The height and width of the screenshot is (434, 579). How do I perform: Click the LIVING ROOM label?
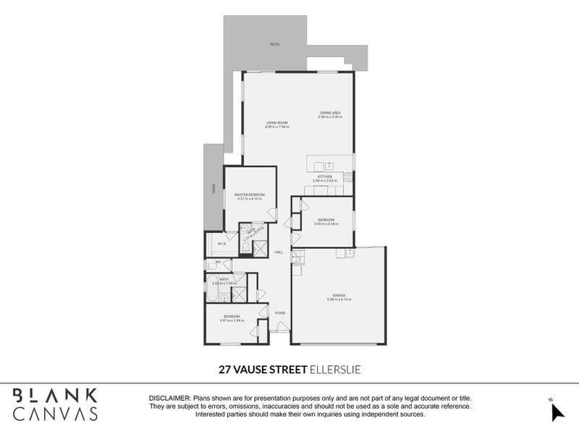[277, 123]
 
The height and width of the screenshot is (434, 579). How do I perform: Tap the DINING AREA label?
[329, 112]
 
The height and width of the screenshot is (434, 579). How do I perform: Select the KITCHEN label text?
[324, 176]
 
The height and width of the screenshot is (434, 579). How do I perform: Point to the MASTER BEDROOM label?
[250, 195]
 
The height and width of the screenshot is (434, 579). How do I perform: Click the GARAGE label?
[339, 295]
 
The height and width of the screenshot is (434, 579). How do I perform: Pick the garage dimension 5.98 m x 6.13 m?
[339, 299]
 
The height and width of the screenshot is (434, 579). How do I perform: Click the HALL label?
[278, 252]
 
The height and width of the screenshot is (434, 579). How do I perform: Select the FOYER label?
[279, 312]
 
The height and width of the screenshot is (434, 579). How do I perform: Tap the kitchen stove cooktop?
[348, 178]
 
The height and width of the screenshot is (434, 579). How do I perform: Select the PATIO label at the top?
[275, 45]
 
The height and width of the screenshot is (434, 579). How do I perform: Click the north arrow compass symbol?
[557, 410]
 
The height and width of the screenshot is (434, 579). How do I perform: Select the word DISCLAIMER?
[169, 399]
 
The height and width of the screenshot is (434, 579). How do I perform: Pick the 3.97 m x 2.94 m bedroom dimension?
[232, 320]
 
